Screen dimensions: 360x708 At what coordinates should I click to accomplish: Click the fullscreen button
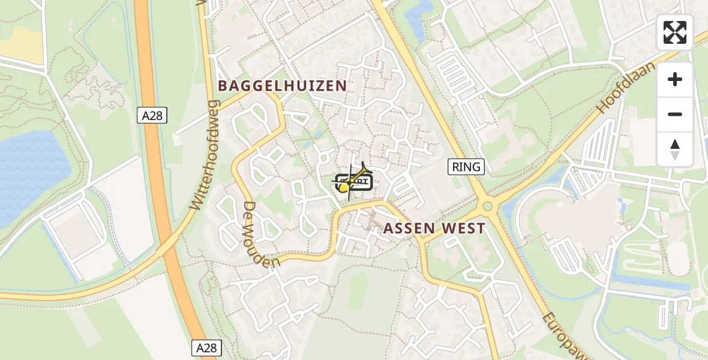(675, 32)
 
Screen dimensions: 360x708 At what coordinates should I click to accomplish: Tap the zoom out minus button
(675, 114)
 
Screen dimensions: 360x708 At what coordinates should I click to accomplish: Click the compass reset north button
(675, 149)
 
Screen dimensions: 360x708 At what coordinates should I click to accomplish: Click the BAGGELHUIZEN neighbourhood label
(283, 86)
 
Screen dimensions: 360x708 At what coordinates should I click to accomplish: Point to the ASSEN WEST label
(434, 229)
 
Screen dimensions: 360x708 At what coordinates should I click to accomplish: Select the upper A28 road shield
(152, 116)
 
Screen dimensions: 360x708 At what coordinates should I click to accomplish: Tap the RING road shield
(466, 167)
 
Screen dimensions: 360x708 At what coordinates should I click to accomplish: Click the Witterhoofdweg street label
(205, 155)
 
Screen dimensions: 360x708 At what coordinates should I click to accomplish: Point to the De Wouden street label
(262, 234)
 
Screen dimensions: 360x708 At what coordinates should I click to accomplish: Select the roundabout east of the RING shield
(488, 208)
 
